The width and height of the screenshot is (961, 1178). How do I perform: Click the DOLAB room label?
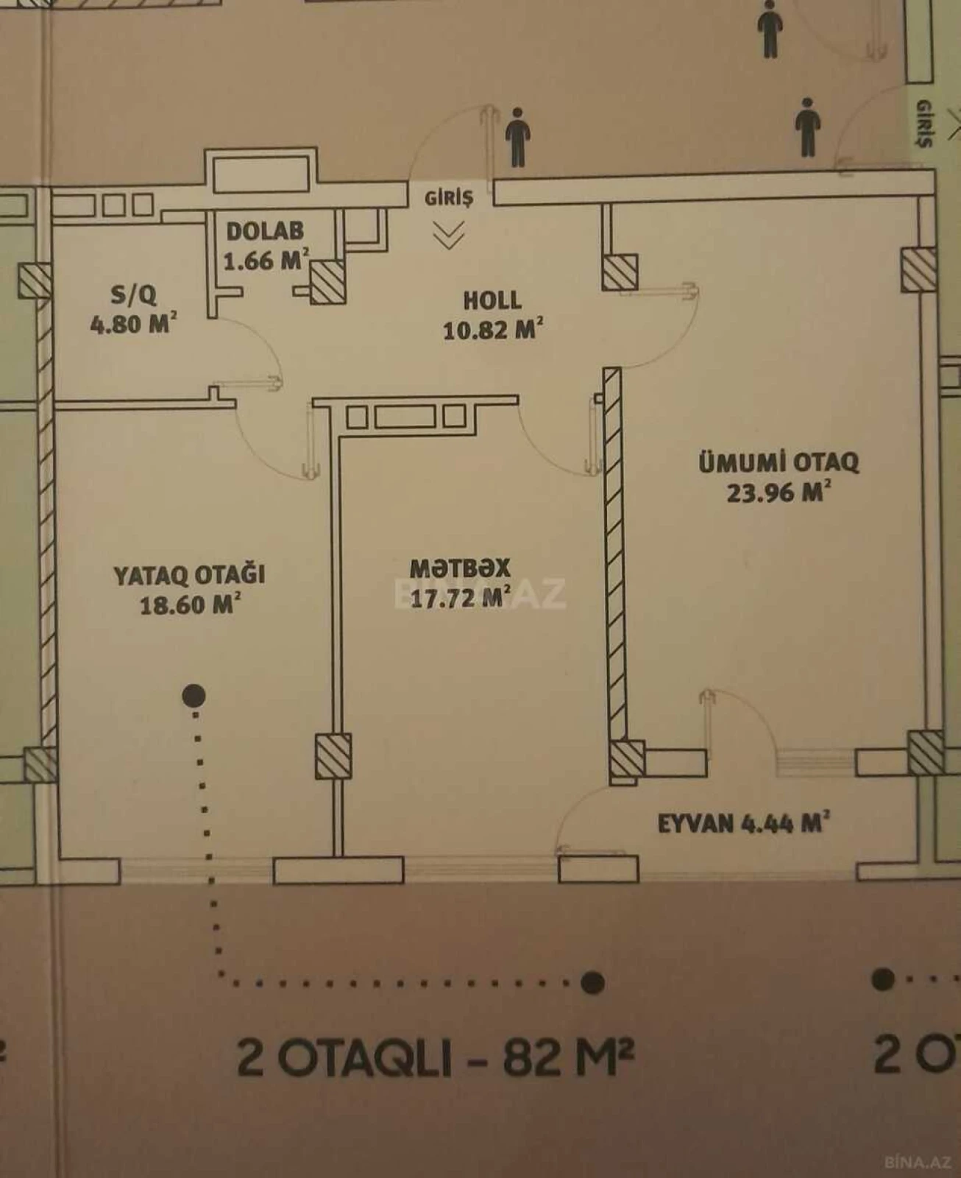coord(265,231)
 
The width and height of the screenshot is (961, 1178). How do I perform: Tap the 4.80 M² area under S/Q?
coord(133,324)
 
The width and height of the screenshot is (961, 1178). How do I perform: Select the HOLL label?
coord(492,300)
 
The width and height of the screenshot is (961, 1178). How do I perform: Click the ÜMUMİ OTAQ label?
coord(779,462)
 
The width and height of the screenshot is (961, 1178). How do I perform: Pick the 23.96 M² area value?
coord(779,492)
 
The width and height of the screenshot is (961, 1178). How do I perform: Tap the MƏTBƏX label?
coord(460,568)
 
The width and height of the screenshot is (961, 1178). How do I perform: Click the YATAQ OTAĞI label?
coord(189,575)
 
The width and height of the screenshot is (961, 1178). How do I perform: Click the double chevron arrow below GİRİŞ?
coord(448,236)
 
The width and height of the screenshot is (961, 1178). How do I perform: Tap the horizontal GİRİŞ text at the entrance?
coord(448,197)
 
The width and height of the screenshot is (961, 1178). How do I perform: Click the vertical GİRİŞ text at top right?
coord(924,124)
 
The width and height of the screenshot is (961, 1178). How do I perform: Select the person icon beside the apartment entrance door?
coord(518,137)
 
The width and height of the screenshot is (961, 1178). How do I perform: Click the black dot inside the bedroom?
coord(194,695)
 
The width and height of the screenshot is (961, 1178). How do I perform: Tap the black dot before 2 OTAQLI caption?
coord(592,982)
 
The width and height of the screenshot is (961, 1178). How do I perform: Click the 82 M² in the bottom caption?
coord(568,1057)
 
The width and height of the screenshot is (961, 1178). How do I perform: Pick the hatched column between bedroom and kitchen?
coord(333,756)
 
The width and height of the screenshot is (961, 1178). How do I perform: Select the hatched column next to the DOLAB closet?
coord(327,281)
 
